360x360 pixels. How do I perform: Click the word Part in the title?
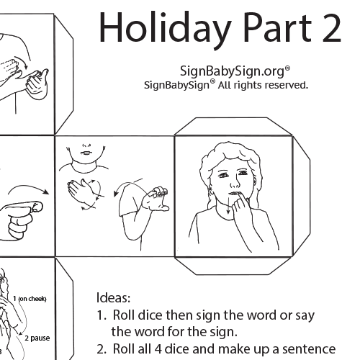click(278, 28)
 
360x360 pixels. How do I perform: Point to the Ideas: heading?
click(113, 297)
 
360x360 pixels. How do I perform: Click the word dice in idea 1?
click(150, 315)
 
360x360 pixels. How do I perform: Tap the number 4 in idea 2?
click(158, 349)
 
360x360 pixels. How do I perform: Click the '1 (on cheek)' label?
click(30, 299)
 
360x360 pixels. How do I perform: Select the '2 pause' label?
click(37, 338)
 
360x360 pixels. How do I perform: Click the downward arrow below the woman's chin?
click(228, 205)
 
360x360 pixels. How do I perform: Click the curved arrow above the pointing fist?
click(28, 189)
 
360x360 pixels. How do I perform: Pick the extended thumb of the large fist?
click(24, 207)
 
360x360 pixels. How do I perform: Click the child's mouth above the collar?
click(86, 153)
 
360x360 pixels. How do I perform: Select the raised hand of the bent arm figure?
click(156, 199)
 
